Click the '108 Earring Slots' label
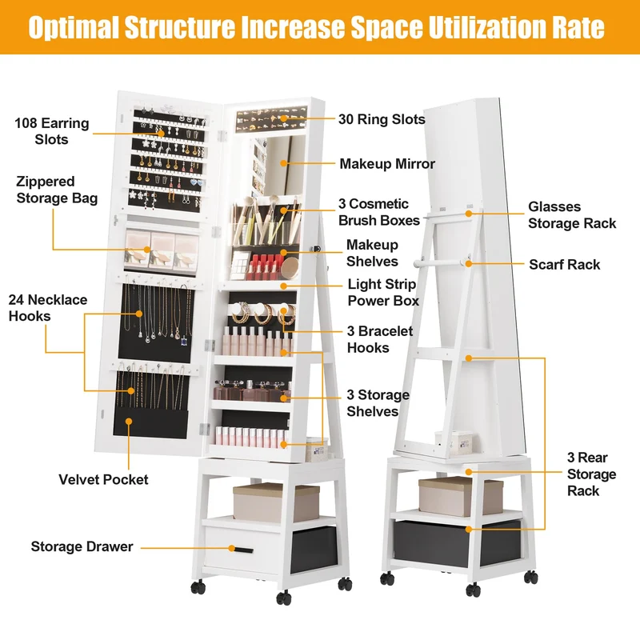[x=52, y=131]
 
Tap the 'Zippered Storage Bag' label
[x=57, y=190]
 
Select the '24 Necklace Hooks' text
[x=48, y=308]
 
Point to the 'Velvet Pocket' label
[x=103, y=479]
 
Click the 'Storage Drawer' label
[x=82, y=546]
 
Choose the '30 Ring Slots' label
[x=382, y=119]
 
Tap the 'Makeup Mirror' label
[x=387, y=164]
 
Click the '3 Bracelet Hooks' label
[x=379, y=339]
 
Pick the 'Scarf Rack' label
[x=565, y=265]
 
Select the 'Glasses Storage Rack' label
[x=572, y=215]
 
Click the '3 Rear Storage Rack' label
[x=591, y=474]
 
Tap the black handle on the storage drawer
[x=244, y=550]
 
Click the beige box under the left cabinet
[x=276, y=502]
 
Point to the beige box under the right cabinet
[x=461, y=495]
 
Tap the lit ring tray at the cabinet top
[x=271, y=118]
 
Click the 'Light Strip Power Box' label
[x=383, y=292]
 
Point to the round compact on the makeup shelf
[x=290, y=268]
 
